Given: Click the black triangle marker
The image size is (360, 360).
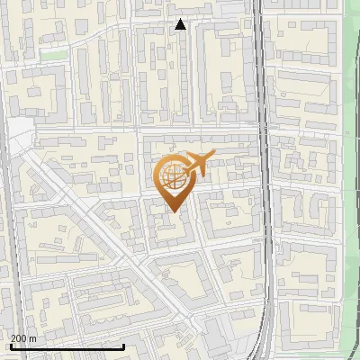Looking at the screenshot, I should coord(180,25).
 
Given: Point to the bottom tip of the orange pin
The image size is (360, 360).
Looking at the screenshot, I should coord(174,212).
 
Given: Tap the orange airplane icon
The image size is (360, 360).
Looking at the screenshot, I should coord(197,165).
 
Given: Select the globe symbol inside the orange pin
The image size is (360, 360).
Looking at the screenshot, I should coord(174,179).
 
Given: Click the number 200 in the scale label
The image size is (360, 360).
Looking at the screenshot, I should coord(19,338).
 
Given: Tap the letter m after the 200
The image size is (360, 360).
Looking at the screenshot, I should coord(33,338).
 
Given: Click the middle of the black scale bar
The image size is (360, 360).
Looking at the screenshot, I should coord(67,346).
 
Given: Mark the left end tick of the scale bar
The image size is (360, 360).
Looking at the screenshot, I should coord(10,346).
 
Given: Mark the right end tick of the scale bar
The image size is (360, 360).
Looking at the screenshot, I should coord(123,346).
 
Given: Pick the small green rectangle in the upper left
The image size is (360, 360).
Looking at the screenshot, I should coord(54,55).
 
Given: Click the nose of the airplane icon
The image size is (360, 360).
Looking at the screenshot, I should coord(212,157).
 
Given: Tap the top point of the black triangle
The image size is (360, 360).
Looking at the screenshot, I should coord(180,20).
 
